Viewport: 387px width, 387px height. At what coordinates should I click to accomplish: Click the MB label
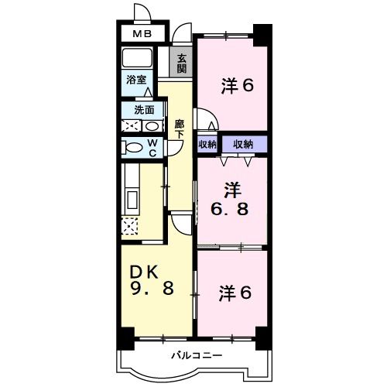(x=142, y=34)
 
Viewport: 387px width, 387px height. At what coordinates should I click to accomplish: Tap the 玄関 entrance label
(x=182, y=63)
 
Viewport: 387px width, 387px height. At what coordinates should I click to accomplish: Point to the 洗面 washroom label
(x=144, y=110)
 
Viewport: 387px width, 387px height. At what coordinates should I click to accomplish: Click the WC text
(x=153, y=147)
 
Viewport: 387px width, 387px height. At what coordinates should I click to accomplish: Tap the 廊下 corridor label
(x=179, y=127)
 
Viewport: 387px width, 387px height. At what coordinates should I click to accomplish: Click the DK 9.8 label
(x=150, y=280)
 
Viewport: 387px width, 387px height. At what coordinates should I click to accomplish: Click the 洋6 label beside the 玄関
(x=237, y=86)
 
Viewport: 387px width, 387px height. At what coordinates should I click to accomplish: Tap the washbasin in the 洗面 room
(x=152, y=125)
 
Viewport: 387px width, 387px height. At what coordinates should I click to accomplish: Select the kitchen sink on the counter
(x=129, y=200)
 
